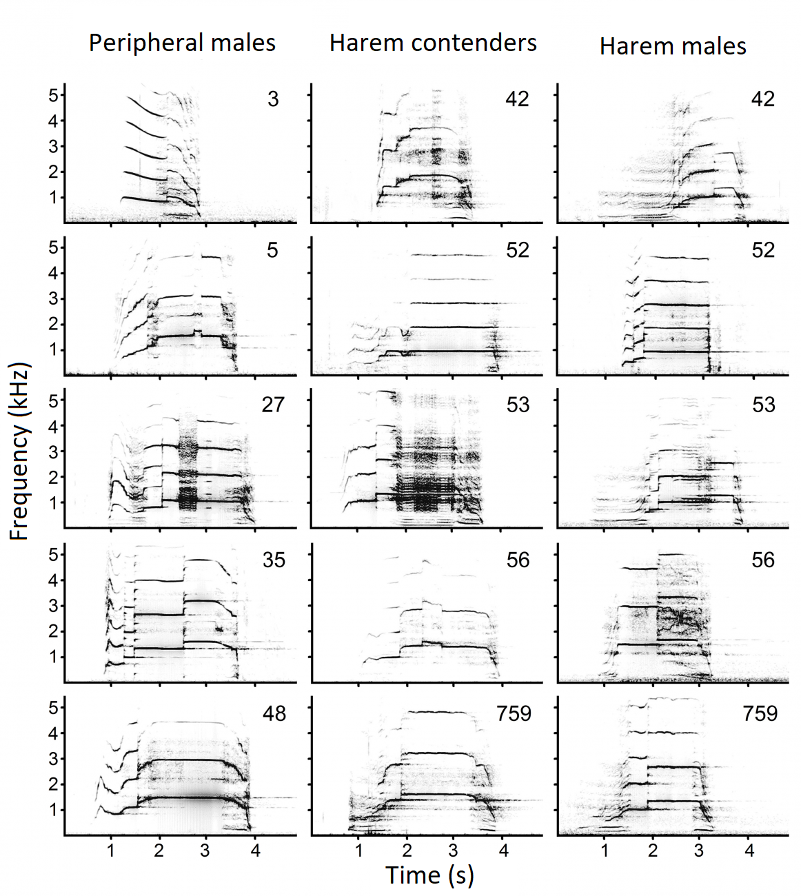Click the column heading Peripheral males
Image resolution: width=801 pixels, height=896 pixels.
point(182,43)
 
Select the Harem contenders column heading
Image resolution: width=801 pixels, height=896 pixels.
point(433,43)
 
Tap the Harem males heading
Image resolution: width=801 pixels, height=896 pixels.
point(673,46)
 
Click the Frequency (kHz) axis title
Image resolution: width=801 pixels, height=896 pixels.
point(20,451)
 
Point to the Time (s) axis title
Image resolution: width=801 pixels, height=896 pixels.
point(429,875)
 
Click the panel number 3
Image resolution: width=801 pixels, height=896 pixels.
point(273,99)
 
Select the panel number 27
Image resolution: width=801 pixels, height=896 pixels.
point(273,404)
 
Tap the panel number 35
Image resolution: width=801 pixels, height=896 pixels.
point(274,560)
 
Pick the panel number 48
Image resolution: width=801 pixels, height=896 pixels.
point(274,713)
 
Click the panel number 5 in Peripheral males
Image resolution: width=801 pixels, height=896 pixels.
point(273,250)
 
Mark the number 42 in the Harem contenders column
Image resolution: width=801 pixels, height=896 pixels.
point(517,99)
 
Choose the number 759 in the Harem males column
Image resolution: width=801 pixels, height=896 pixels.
point(760,713)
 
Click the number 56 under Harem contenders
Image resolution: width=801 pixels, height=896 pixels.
point(518,560)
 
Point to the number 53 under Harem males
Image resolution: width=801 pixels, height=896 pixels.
point(763,404)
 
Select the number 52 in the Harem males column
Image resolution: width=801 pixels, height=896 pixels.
point(763,250)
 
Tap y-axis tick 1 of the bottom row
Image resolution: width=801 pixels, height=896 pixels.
point(54,810)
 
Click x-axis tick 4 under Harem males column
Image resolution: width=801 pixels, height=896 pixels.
point(749,851)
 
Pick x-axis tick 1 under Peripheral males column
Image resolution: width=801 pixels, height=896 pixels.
point(111,851)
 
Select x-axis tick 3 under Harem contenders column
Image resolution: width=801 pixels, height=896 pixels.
point(453,851)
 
